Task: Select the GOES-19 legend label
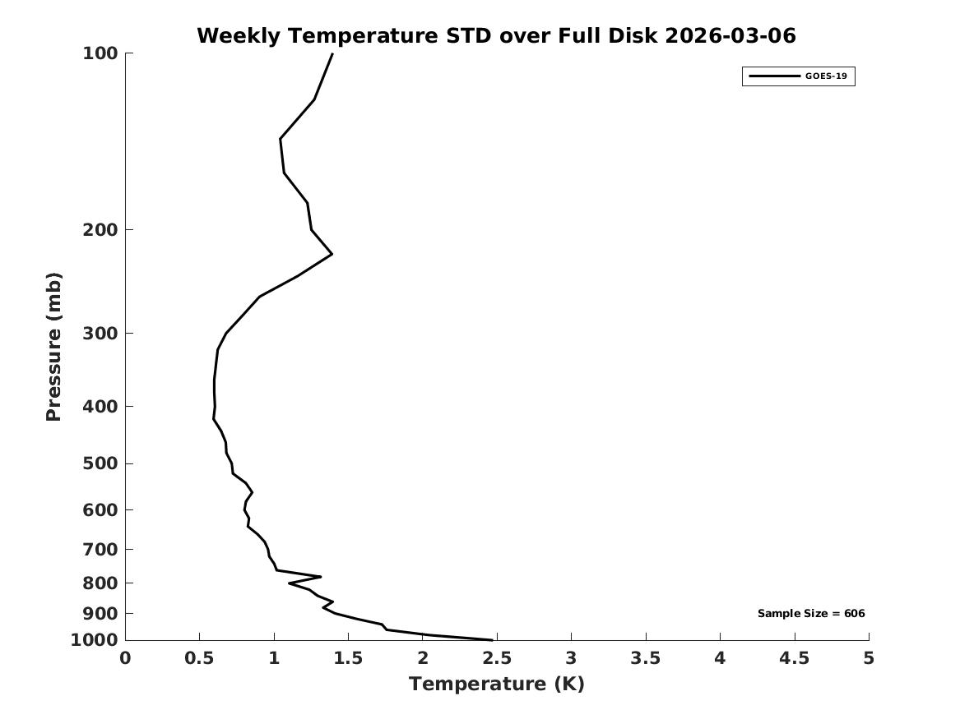826,76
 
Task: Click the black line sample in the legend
773,76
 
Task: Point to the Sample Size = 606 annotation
810,613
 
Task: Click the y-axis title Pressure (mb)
54,347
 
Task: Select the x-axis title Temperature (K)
496,684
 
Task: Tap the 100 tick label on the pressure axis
100,53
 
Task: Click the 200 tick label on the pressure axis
100,229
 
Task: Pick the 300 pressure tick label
100,333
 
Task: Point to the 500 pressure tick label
100,463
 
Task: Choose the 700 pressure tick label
100,549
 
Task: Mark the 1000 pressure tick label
95,640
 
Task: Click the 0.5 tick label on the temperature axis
199,658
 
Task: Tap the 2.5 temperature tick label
496,658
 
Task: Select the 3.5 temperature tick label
645,658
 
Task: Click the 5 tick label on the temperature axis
869,658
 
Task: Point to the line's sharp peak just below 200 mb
332,254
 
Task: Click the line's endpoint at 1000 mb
492,639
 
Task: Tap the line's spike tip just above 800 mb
320,577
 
